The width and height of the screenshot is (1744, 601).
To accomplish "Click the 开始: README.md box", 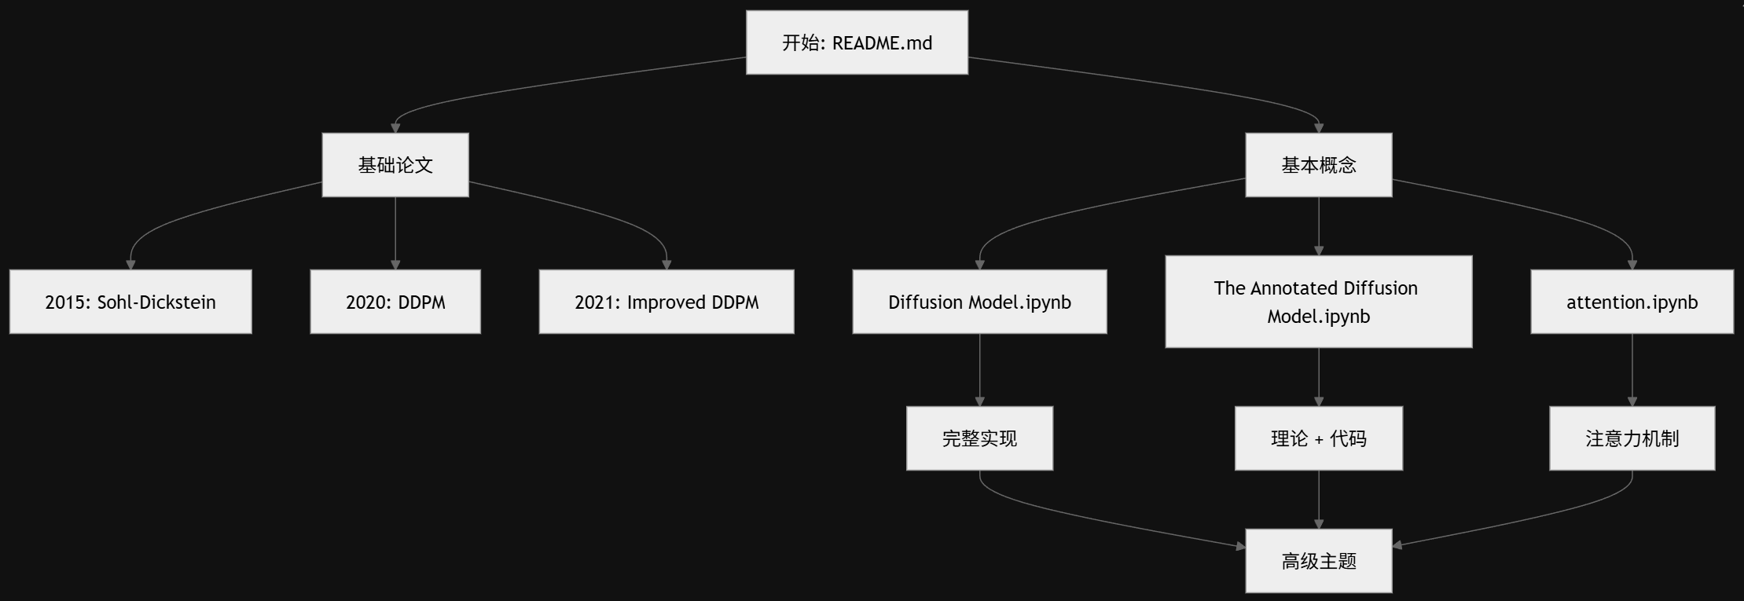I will pos(857,42).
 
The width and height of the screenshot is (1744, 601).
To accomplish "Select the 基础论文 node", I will pos(395,165).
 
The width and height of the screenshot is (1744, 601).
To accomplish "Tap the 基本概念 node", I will pos(1318,165).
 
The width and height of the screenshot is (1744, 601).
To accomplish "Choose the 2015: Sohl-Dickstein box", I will pos(130,302).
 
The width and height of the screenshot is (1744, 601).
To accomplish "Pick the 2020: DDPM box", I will pos(395,302).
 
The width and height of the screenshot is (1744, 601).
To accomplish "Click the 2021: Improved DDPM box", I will pos(666,302).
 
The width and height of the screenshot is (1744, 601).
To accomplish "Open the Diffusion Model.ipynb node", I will pos(979,302).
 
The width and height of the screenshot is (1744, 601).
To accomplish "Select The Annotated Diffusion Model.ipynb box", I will pos(1318,302).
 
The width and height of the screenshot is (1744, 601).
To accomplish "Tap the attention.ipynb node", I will pos(1632,302).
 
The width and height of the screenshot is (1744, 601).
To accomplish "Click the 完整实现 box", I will pos(979,438).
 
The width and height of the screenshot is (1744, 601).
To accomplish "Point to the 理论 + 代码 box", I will pos(1318,438).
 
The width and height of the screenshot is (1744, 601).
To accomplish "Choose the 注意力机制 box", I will pos(1632,438).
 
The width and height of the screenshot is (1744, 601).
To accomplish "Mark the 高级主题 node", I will pos(1318,561).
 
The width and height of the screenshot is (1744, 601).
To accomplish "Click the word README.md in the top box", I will pos(882,43).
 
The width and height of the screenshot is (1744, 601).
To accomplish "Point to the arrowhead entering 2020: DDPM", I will pos(395,265).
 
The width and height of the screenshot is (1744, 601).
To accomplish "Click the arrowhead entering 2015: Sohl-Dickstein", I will pos(130,265).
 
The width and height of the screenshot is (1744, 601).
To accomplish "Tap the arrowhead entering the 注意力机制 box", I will pos(1632,401).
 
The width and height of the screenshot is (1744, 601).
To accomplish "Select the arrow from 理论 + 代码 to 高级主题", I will pos(1319,499).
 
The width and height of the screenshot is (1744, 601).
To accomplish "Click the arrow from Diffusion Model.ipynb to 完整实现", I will pos(979,369).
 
